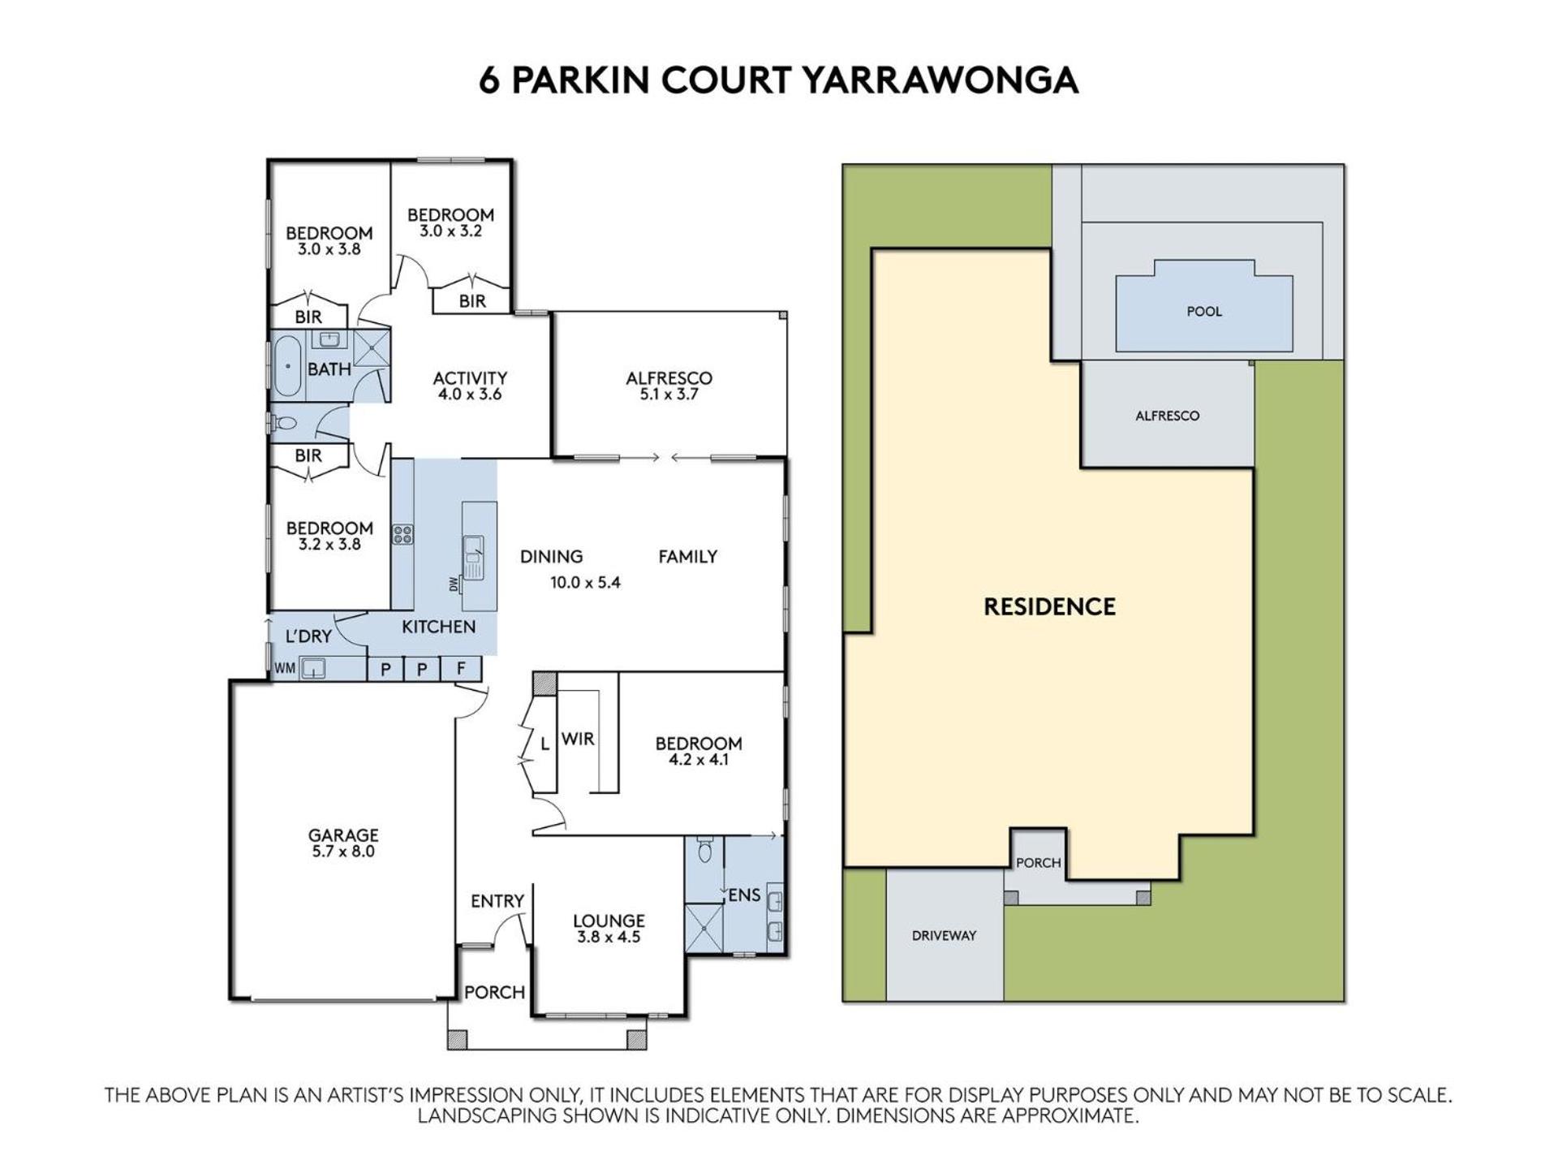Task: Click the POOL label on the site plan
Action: (1203, 312)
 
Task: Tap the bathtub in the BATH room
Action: (286, 366)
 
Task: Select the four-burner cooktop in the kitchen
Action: (402, 534)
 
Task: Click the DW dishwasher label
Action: (454, 583)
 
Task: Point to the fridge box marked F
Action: (461, 669)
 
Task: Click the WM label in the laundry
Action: (285, 669)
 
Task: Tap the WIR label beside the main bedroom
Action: (578, 739)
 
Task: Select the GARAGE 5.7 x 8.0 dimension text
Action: (343, 852)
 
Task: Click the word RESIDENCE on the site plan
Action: (1049, 606)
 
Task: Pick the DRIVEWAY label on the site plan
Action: (944, 935)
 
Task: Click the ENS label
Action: (744, 895)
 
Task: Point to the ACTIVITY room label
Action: (470, 378)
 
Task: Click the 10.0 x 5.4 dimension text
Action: (585, 582)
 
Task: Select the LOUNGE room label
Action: (609, 921)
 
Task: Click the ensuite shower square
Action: (704, 927)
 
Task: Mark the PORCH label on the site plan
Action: (1039, 863)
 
